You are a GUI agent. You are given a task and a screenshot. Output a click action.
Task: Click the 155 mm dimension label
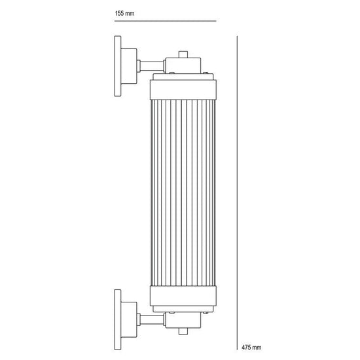point(124,13)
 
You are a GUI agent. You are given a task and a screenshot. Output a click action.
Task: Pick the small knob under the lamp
point(183,334)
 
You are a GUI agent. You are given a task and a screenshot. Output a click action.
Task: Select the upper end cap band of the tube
point(183,86)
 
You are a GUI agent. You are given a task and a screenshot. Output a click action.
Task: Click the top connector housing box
point(183,65)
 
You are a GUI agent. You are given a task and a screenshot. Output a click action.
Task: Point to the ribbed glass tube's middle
point(183,194)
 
